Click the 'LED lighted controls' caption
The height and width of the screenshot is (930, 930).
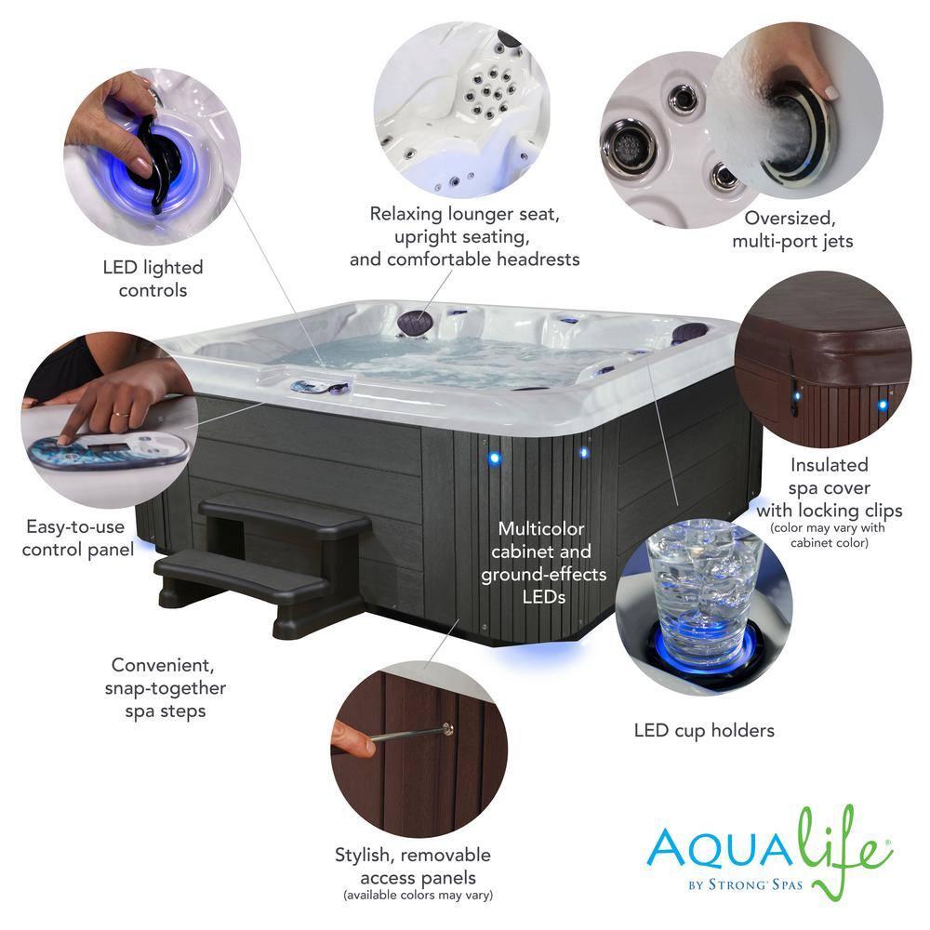pos(153,279)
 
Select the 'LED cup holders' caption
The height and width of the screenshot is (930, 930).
pos(704,731)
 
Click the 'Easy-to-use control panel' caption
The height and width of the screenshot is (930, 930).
pos(77,538)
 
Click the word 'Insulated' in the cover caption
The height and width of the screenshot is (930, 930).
pos(829,465)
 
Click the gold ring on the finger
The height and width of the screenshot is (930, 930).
pos(118,407)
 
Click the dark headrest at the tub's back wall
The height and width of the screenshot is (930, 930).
pos(417,323)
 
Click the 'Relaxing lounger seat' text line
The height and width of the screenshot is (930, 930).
pos(464,214)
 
